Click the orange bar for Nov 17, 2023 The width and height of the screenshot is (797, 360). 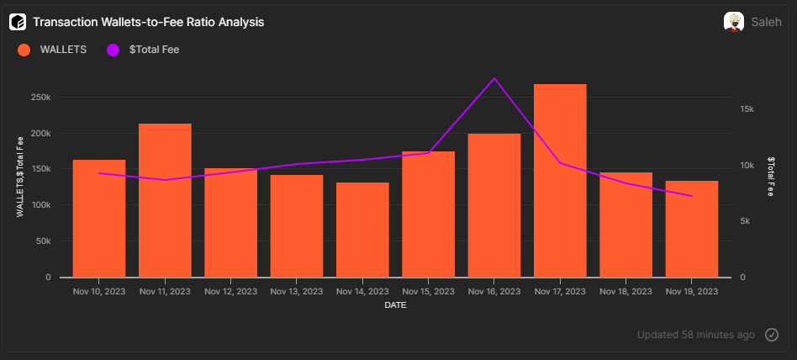tap(560, 181)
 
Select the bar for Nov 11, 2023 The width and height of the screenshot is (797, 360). tap(165, 200)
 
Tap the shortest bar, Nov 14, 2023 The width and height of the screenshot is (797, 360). tap(362, 230)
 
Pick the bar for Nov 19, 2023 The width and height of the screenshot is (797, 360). tap(692, 229)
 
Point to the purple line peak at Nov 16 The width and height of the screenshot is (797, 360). tap(494, 78)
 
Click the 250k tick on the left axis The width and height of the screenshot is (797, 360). tap(41, 98)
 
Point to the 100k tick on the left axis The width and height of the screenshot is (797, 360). tap(41, 205)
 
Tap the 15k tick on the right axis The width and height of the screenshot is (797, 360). tap(747, 109)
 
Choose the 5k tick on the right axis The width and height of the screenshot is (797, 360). tap(747, 221)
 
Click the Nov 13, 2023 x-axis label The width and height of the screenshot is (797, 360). tap(297, 292)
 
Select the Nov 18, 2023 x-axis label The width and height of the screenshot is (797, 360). tap(626, 292)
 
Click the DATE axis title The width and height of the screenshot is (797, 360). tap(396, 305)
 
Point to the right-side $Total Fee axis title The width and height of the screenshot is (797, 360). tap(770, 177)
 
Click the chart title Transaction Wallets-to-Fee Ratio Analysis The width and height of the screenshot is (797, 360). tap(148, 22)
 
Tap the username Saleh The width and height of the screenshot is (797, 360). tap(767, 22)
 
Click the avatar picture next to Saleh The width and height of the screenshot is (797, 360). tap(733, 22)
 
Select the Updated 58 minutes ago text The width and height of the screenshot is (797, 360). tap(695, 335)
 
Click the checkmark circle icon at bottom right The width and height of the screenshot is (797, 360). tap(772, 335)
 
